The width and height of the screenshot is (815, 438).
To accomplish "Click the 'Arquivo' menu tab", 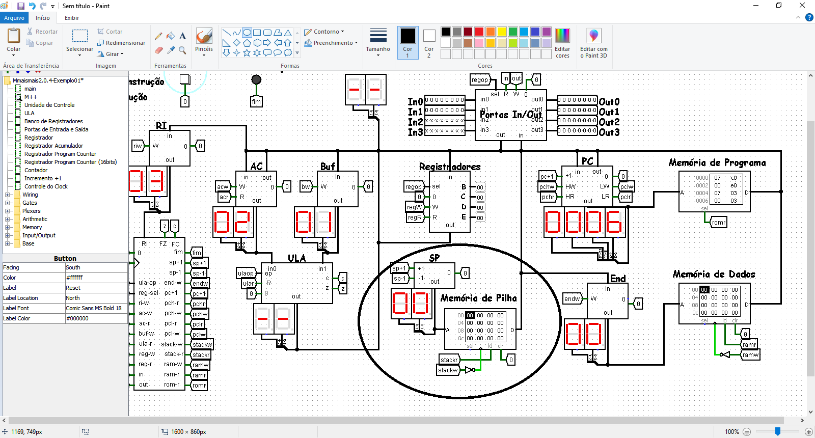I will (x=14, y=18).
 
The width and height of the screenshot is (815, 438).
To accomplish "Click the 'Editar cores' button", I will (x=562, y=43).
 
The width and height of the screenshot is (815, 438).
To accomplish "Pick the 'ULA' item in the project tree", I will (x=30, y=113).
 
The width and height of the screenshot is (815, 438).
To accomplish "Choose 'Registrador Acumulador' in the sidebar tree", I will (x=53, y=146).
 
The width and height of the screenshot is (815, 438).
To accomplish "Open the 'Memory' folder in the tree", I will (x=32, y=227).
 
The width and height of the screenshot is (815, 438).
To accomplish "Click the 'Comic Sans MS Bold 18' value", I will (x=94, y=308).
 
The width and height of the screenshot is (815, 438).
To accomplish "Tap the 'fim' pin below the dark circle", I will (x=256, y=101).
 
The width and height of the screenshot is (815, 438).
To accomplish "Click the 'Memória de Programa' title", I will (x=717, y=162).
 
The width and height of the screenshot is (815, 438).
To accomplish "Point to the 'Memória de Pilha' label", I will (x=478, y=298).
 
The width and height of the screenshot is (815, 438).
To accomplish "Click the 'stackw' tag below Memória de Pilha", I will (x=448, y=370).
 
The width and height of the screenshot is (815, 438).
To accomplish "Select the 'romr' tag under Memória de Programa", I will (x=719, y=222).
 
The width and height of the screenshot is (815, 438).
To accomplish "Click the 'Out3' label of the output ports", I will (x=609, y=132).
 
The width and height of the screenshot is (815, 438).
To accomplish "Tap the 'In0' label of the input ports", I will (x=415, y=102).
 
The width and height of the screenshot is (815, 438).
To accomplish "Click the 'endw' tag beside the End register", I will (x=572, y=299).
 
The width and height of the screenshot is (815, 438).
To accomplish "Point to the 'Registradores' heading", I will (x=449, y=167).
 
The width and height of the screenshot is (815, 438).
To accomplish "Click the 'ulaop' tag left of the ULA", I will (x=246, y=273).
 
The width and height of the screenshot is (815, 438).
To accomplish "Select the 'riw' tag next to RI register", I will (x=138, y=146).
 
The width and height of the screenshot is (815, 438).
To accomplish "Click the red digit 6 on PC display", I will (x=614, y=222).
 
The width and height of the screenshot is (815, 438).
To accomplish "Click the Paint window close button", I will (x=802, y=6).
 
